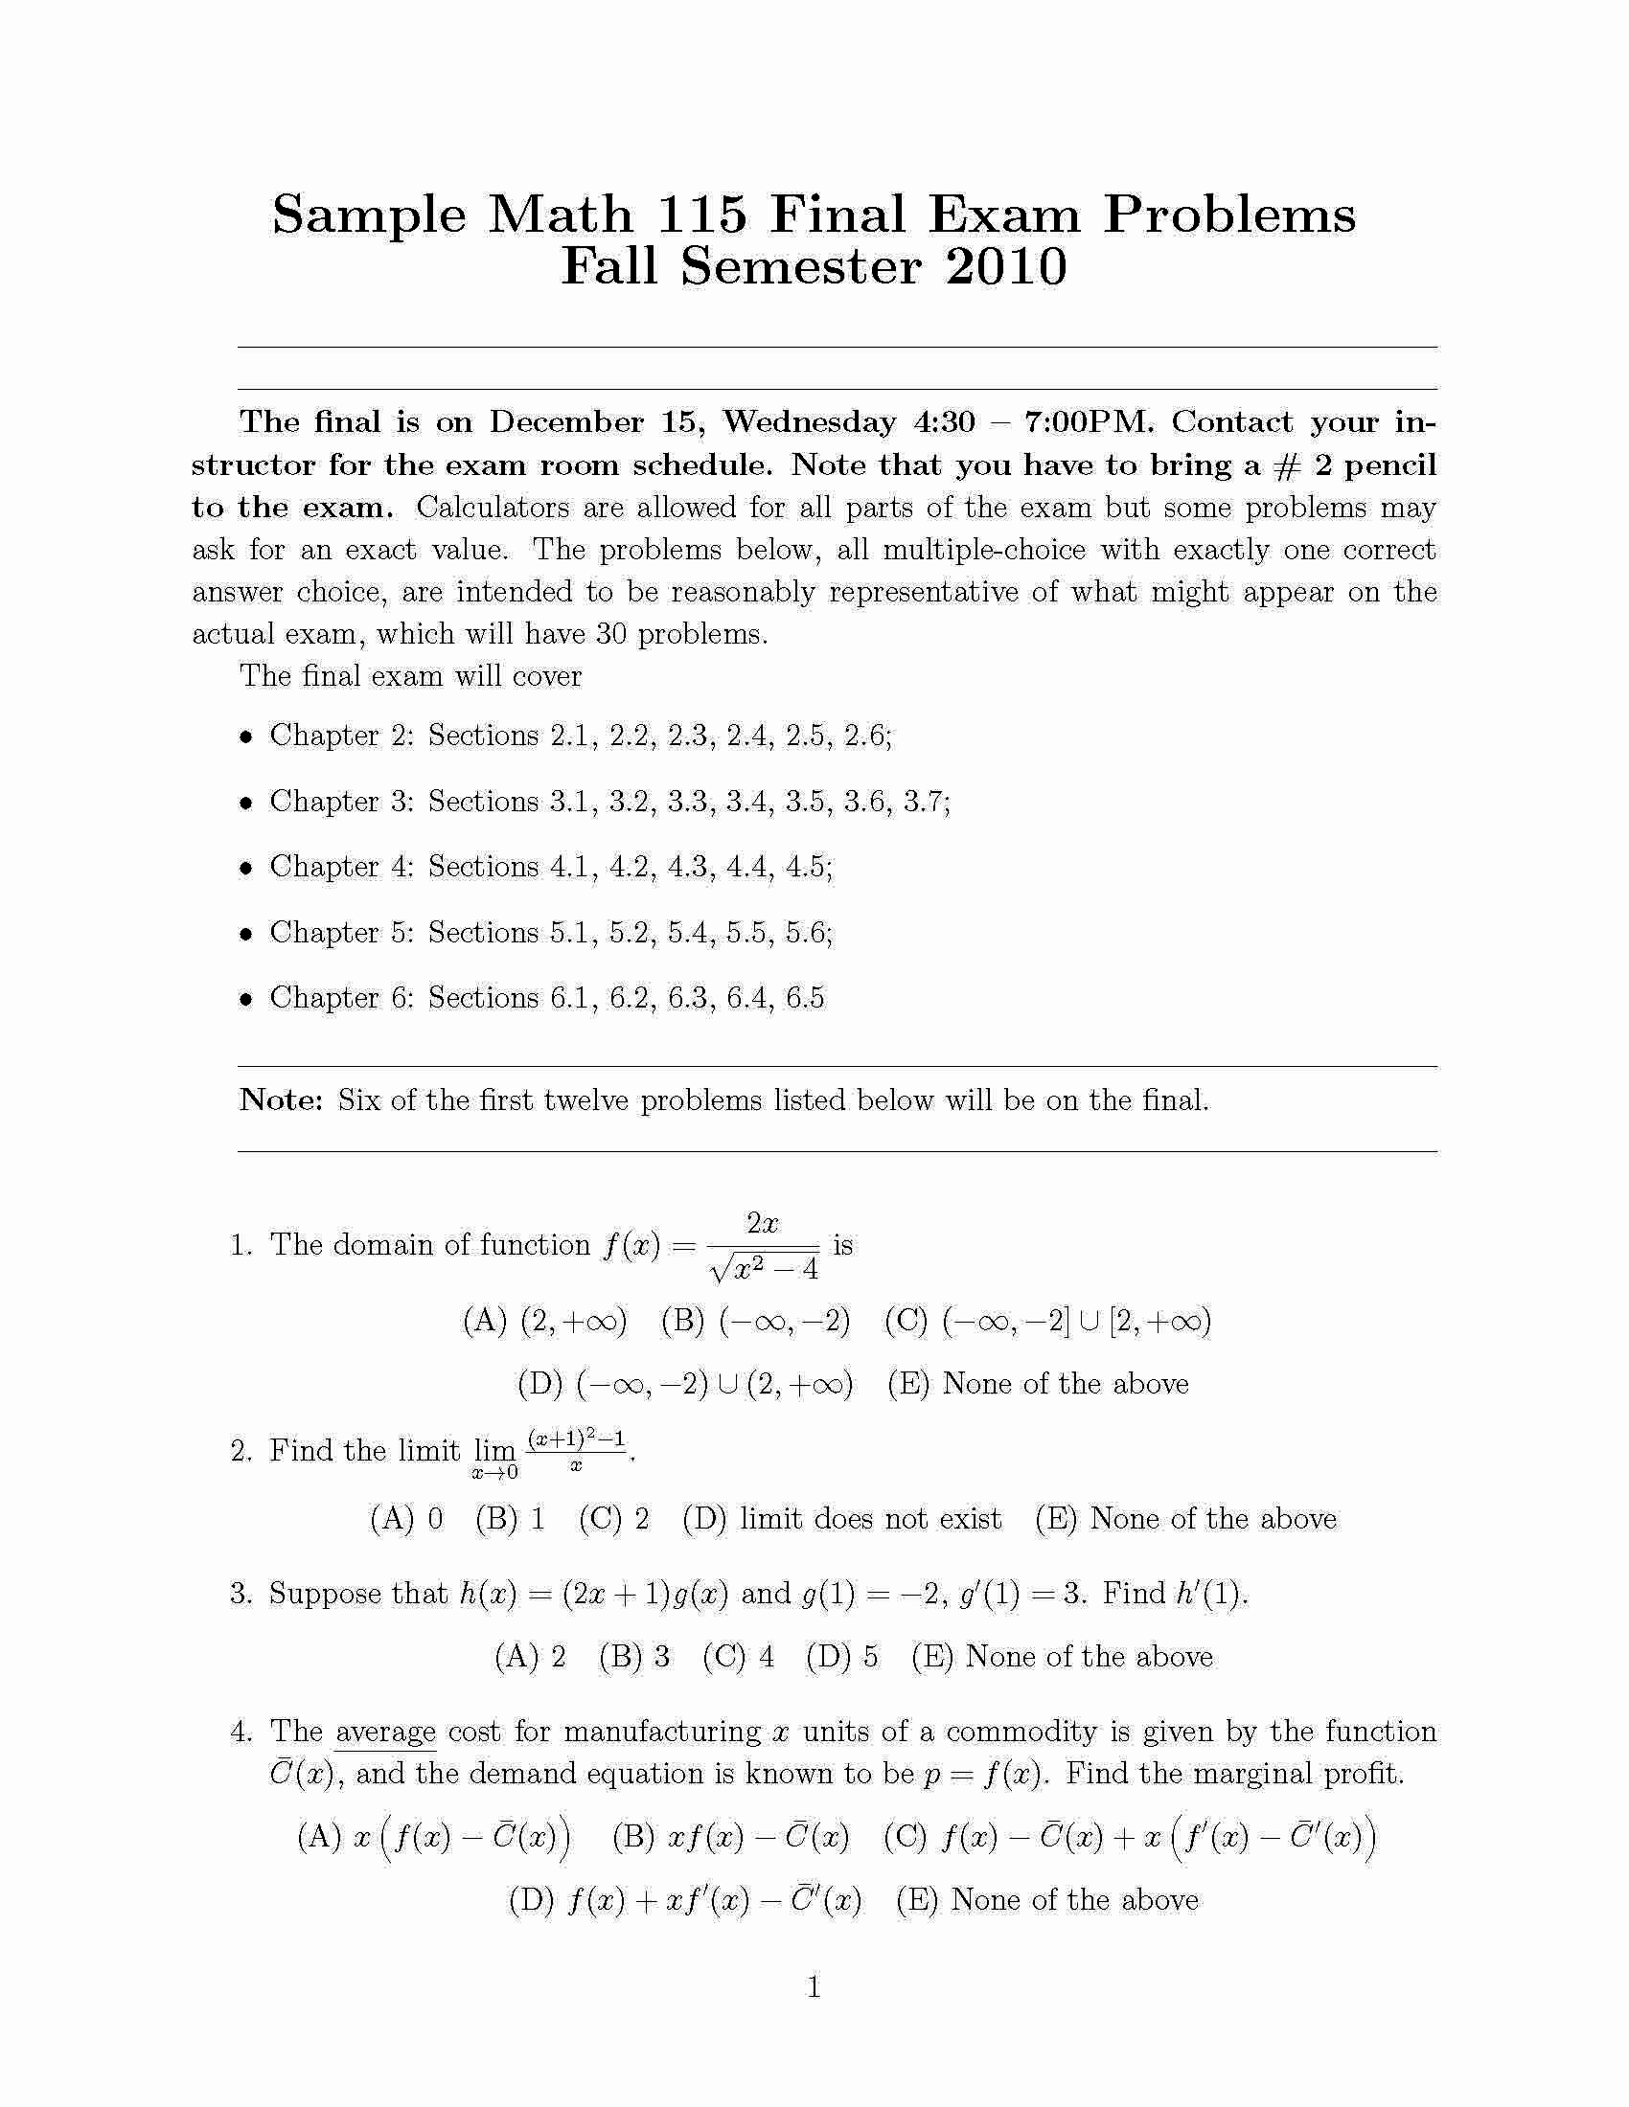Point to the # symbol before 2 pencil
coord(1288,465)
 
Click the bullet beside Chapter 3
coord(247,802)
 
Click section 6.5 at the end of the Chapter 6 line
coord(805,998)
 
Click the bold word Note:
coord(281,1099)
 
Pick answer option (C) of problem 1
coord(1047,1320)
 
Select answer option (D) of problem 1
coord(685,1384)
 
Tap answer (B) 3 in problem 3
coord(634,1657)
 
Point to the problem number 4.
coord(241,1732)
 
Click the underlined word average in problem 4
coord(385,1732)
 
